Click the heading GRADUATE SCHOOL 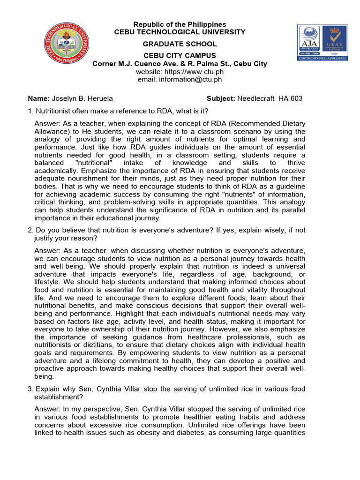tap(180, 44)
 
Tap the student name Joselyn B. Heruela tap(82, 98)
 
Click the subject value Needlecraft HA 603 tap(270, 98)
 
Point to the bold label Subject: tap(221, 98)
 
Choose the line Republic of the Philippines tap(180, 24)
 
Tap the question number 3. tap(30, 389)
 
